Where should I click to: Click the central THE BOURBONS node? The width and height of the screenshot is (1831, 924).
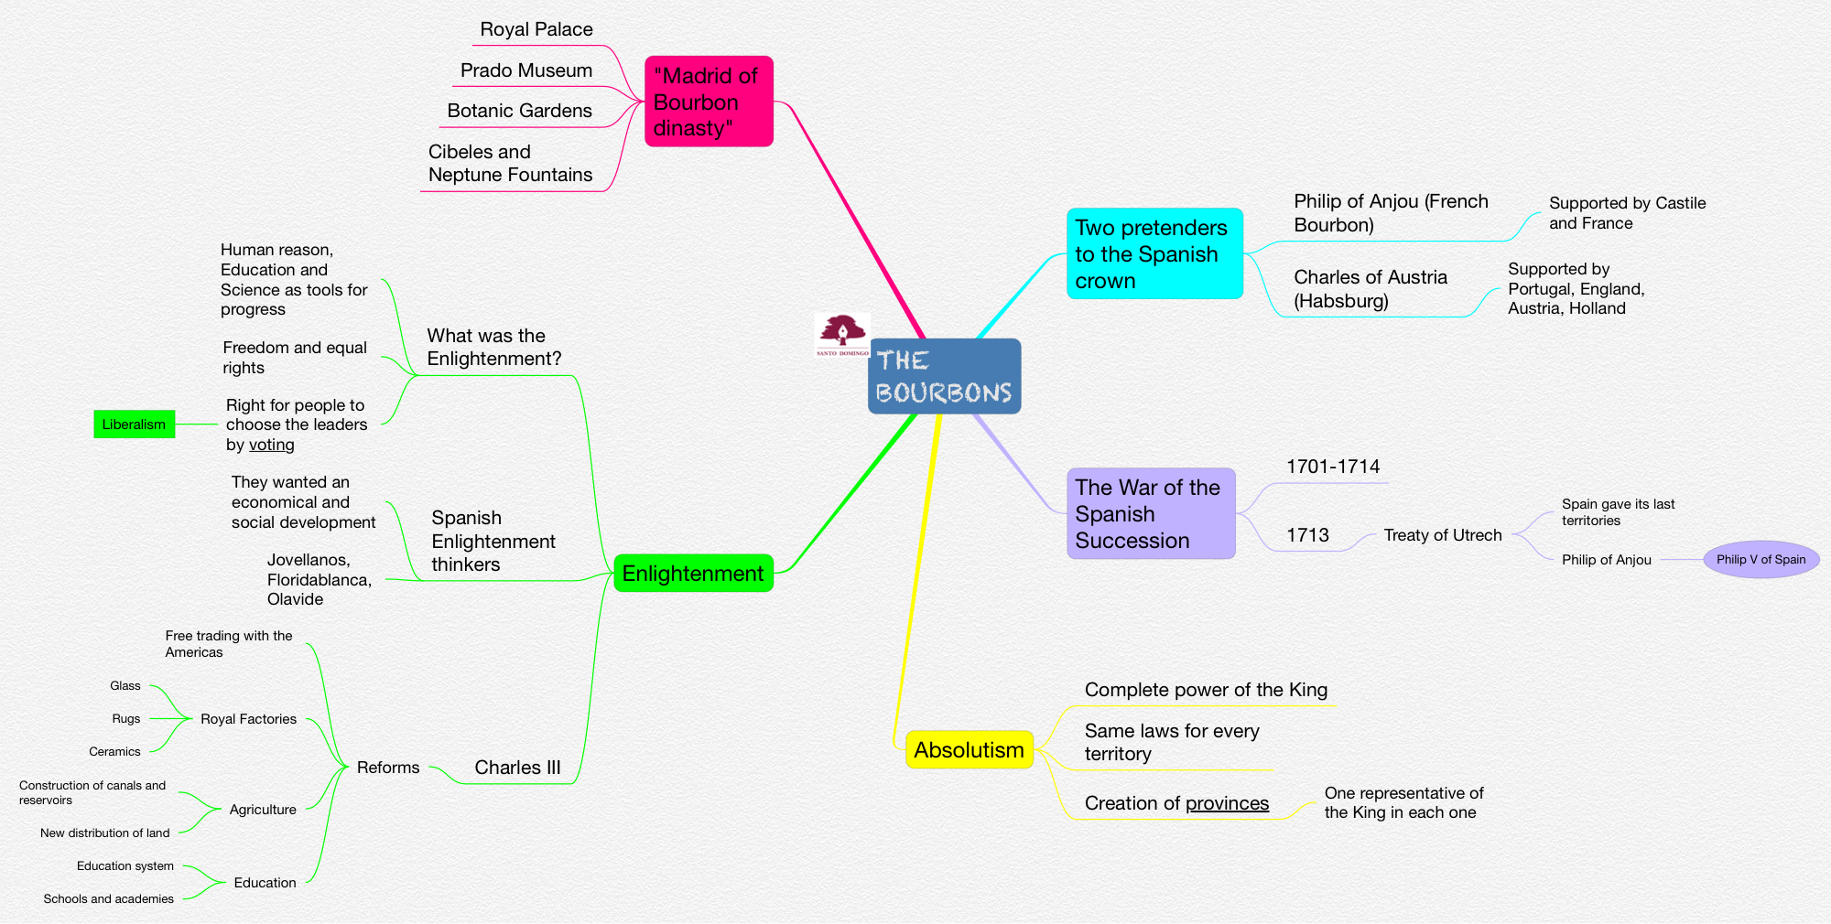(x=944, y=376)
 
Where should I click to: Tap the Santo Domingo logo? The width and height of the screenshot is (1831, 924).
(x=842, y=334)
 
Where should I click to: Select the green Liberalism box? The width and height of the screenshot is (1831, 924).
(x=134, y=424)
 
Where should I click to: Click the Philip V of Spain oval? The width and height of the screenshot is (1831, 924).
(x=1761, y=559)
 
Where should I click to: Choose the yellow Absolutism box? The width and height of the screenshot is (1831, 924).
(x=969, y=750)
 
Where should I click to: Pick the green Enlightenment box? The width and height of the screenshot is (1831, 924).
(x=693, y=574)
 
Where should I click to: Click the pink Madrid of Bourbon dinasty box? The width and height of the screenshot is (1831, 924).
(x=709, y=102)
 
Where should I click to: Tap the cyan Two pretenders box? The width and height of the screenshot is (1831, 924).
(x=1154, y=254)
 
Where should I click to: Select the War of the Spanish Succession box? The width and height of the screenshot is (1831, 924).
(x=1150, y=514)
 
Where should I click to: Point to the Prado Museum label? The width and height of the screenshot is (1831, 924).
(x=526, y=70)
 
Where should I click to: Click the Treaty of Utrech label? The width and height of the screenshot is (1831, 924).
(x=1442, y=535)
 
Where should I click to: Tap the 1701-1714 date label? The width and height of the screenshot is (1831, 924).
(x=1332, y=467)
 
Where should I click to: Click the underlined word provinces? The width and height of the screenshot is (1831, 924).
(x=1227, y=803)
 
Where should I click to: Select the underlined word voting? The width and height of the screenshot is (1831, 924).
(x=272, y=445)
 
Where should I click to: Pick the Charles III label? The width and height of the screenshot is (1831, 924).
(x=517, y=768)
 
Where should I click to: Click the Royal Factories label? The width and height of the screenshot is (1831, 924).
(x=248, y=719)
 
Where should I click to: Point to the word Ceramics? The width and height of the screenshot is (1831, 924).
(x=114, y=752)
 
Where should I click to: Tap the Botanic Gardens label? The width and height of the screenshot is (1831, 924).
(x=519, y=111)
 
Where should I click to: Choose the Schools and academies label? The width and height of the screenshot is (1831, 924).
(x=108, y=899)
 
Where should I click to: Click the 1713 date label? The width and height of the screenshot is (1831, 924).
(x=1307, y=535)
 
